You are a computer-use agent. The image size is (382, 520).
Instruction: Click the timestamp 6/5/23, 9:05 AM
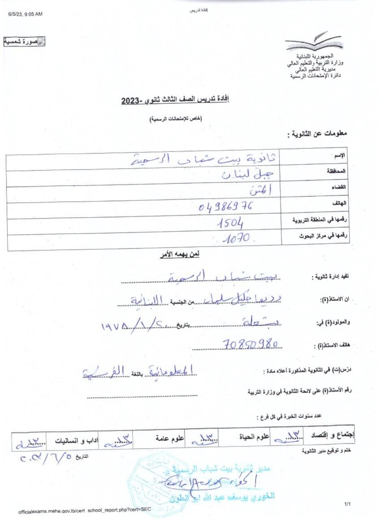tap(25, 14)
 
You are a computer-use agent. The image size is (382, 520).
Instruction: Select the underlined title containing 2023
tap(175, 99)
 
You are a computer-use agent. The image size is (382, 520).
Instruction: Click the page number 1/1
tap(347, 504)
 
